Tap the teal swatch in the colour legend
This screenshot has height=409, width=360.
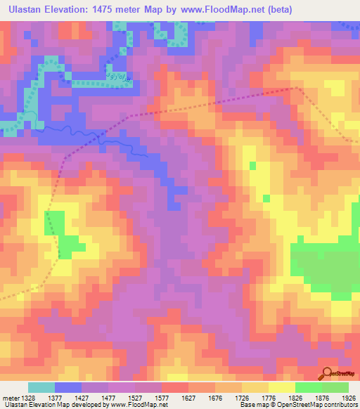[41, 387]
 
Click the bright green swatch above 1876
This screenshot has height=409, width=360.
[308, 387]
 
